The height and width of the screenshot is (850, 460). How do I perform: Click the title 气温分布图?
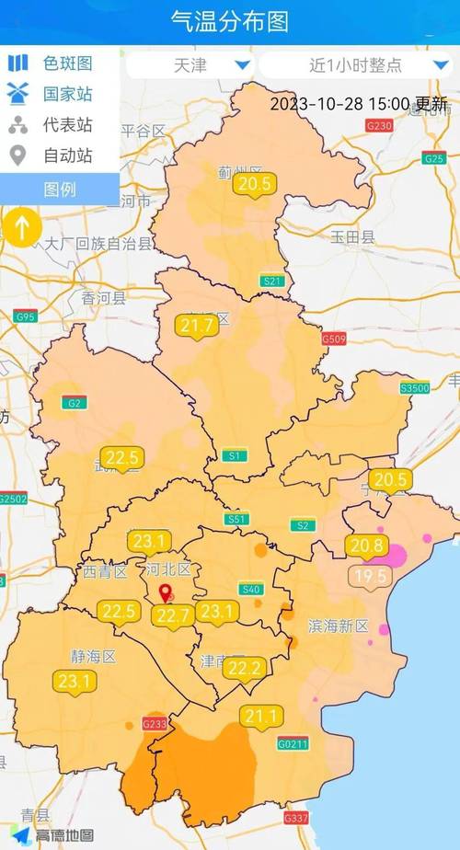(x=229, y=21)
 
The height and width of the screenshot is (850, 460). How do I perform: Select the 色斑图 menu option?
(x=67, y=63)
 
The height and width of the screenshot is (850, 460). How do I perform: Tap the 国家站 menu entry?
(x=67, y=95)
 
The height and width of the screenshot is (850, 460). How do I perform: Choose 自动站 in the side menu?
(x=67, y=156)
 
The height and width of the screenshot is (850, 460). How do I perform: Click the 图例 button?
(x=60, y=190)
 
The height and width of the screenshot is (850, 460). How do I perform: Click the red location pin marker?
(x=166, y=593)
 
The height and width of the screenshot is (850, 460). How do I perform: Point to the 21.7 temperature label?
(x=197, y=326)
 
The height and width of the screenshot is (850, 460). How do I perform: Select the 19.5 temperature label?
(x=372, y=577)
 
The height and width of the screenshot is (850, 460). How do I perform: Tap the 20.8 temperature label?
(x=366, y=546)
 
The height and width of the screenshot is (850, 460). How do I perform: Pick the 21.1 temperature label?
(x=261, y=715)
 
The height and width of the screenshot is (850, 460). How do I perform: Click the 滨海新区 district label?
(x=338, y=626)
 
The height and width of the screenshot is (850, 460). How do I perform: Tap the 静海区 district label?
(x=93, y=656)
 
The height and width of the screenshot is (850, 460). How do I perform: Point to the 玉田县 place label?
(x=353, y=237)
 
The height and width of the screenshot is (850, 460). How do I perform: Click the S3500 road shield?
(x=415, y=389)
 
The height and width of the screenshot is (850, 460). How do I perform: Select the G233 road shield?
(x=155, y=724)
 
